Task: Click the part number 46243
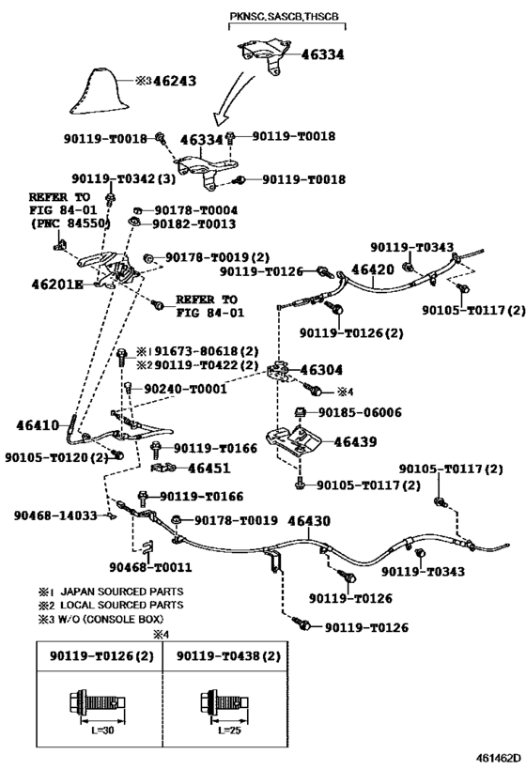tap(175, 81)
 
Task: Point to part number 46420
tap(372, 269)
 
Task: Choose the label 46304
tap(321, 370)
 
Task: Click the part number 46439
tap(355, 442)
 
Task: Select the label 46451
tap(209, 469)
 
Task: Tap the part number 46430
tap(309, 521)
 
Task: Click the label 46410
tap(38, 425)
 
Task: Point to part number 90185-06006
tap(360, 412)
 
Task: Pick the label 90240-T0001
tap(185, 389)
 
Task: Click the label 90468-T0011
tap(150, 567)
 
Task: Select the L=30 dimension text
tap(102, 731)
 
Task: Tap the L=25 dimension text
tap(229, 731)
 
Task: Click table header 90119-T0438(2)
tap(228, 655)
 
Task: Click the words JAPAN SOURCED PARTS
tap(122, 592)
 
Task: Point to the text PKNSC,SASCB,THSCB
tap(284, 16)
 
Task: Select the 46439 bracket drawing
tap(293, 441)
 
